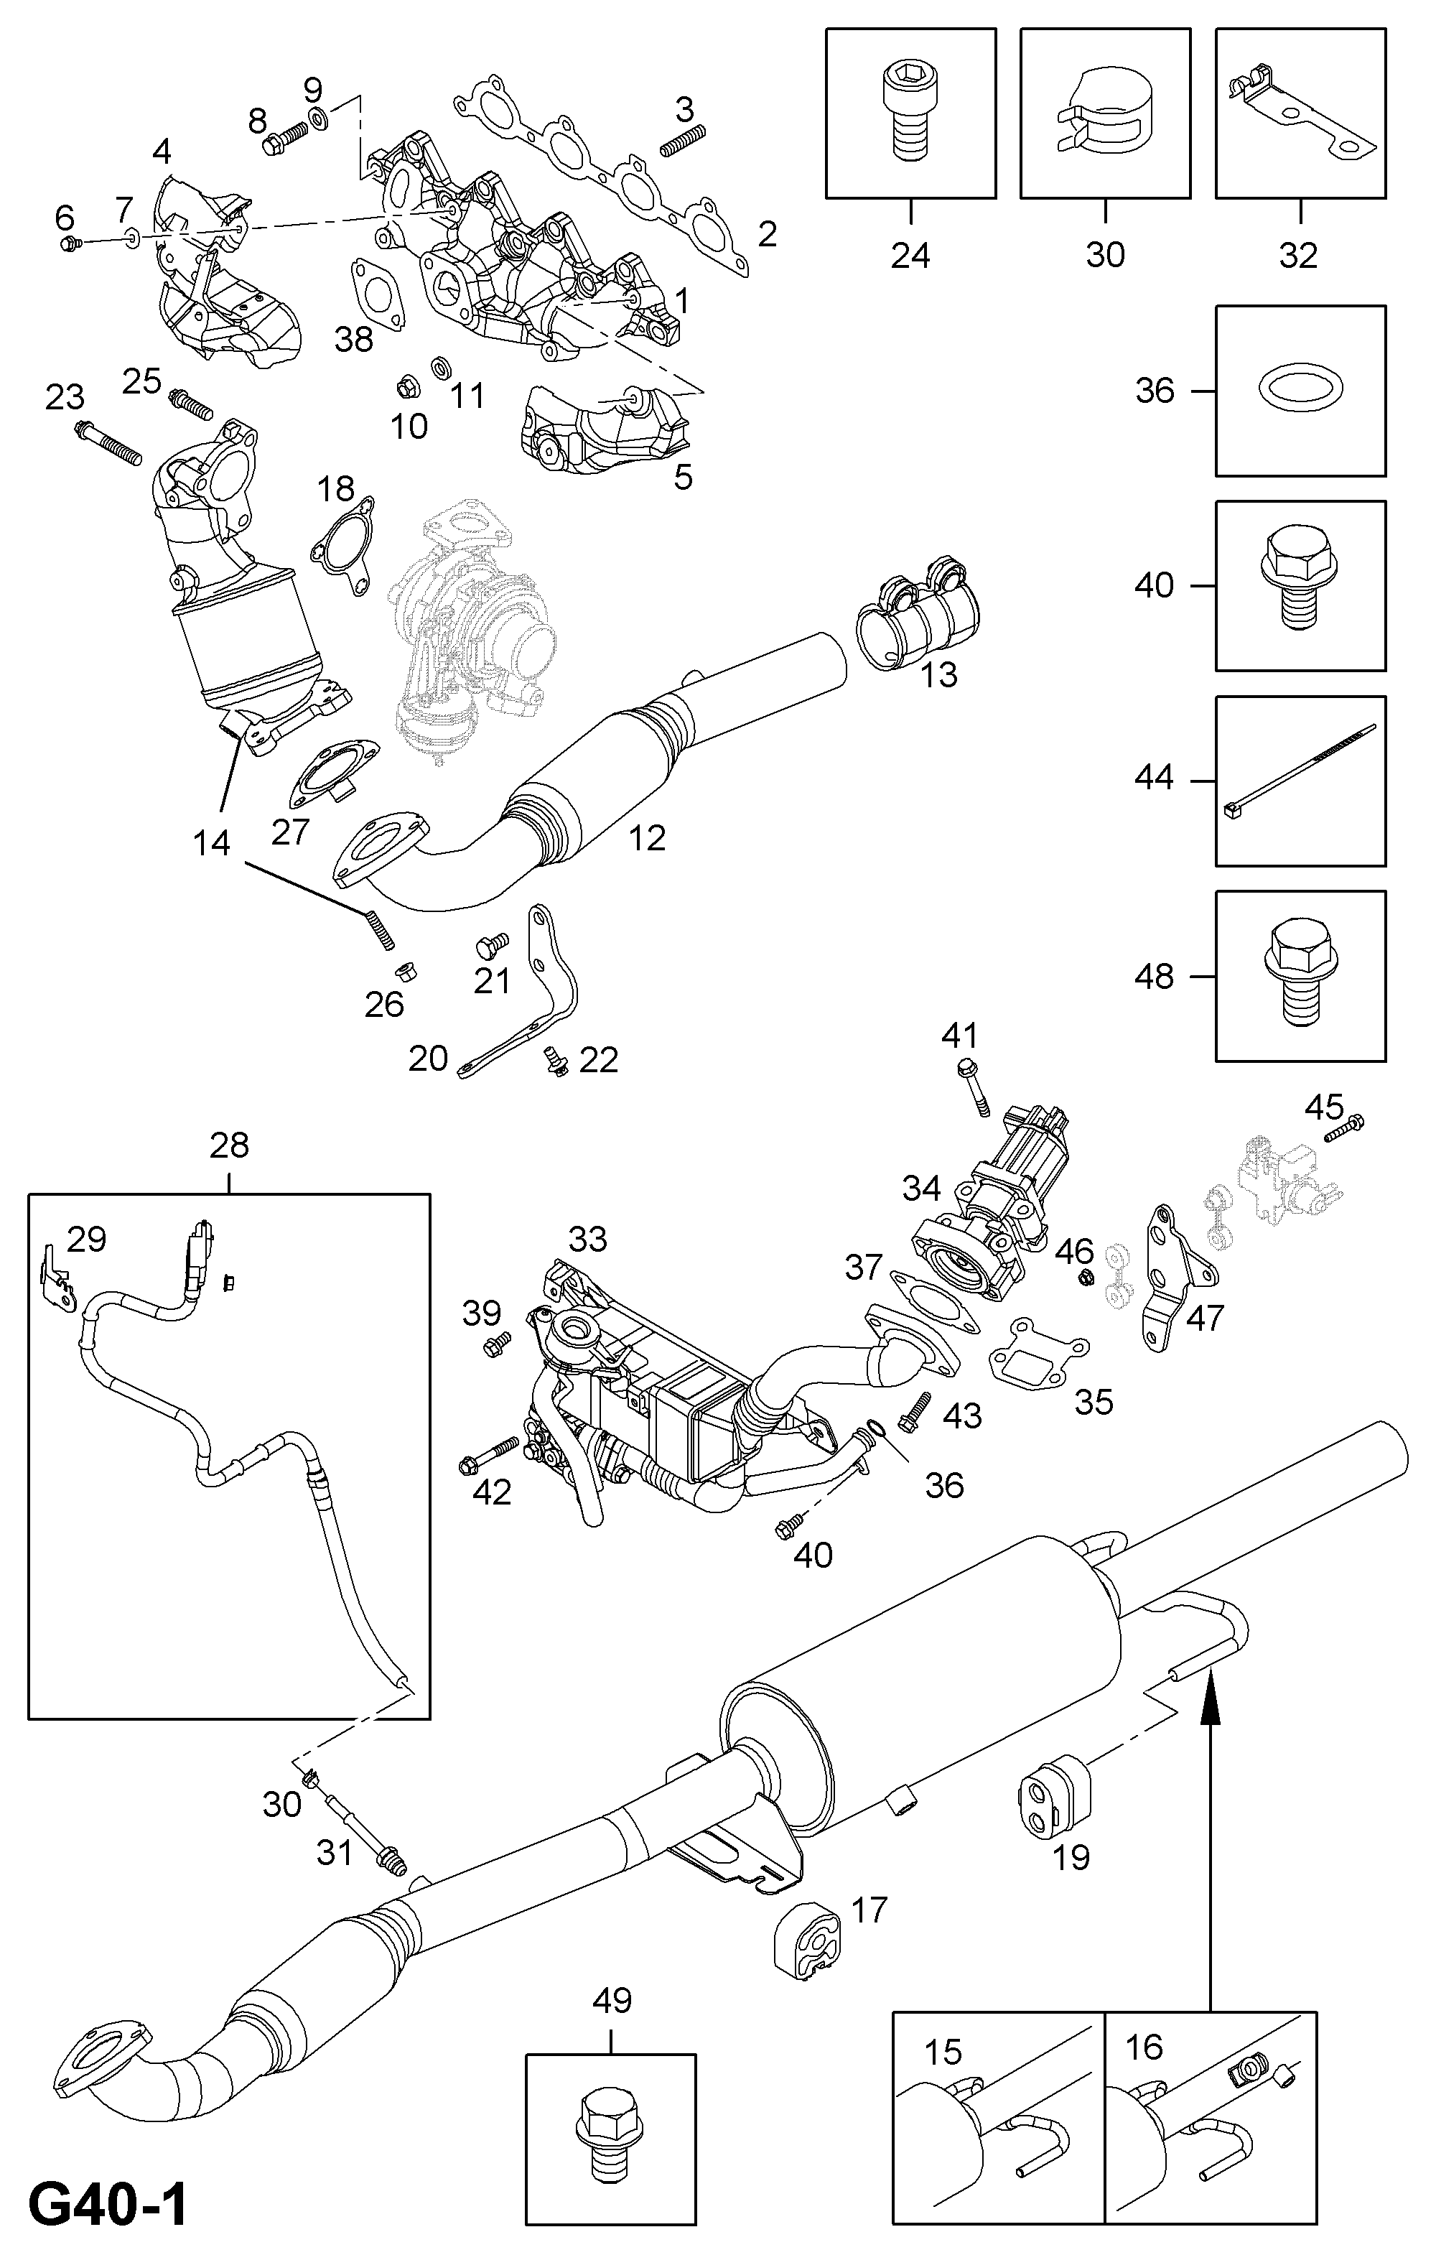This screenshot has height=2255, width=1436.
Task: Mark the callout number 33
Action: coord(588,1239)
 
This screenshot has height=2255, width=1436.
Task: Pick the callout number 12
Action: coord(647,837)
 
